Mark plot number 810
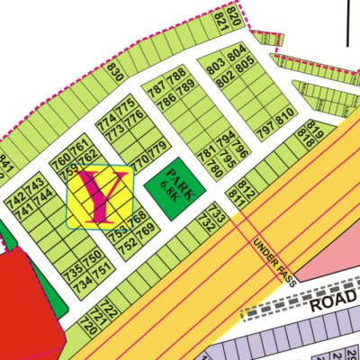(285, 116)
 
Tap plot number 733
(218, 213)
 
